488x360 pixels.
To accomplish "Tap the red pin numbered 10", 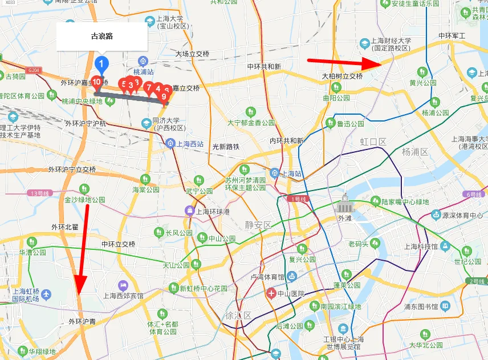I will [x=97, y=82].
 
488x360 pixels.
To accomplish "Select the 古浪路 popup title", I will [x=102, y=37].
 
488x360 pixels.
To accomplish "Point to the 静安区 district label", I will [x=259, y=225].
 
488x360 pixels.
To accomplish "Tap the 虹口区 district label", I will [x=373, y=141].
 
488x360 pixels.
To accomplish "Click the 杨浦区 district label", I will [x=414, y=151].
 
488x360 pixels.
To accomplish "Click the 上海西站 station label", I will [x=190, y=144].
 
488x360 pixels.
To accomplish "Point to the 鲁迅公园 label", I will [x=350, y=124].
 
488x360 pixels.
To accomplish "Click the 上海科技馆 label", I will [x=421, y=246].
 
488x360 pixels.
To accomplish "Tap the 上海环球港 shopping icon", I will [x=189, y=211].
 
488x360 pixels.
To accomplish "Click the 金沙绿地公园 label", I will [x=85, y=200].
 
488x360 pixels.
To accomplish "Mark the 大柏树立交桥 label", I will [x=342, y=76].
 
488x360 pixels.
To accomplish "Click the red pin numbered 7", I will [x=149, y=88].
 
